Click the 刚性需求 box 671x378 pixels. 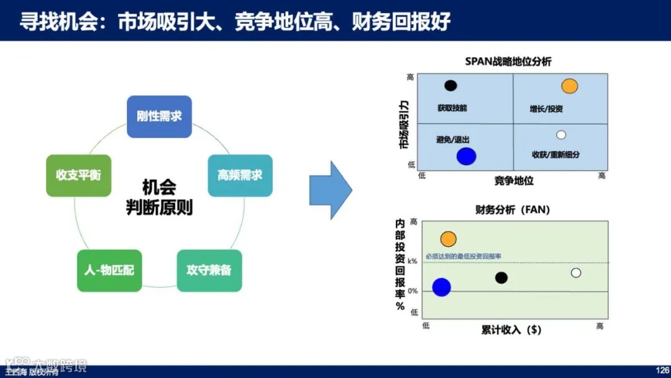(159, 116)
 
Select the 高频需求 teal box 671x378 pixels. (240, 175)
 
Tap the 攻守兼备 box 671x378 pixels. (209, 270)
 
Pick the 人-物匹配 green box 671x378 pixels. (109, 270)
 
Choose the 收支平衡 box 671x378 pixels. (78, 175)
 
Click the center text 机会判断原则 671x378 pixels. (159, 197)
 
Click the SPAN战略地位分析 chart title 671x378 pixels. (508, 62)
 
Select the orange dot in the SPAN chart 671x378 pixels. (570, 86)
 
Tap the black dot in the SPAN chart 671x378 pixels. (451, 86)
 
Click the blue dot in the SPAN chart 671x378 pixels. (466, 156)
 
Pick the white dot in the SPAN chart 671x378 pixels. (561, 134)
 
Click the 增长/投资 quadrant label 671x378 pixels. (546, 109)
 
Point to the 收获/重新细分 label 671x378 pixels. (555, 154)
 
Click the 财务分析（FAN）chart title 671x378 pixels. (513, 210)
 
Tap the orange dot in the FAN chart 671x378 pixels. (448, 239)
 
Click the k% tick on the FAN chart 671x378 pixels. (413, 262)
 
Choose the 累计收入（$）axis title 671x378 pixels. (511, 330)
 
